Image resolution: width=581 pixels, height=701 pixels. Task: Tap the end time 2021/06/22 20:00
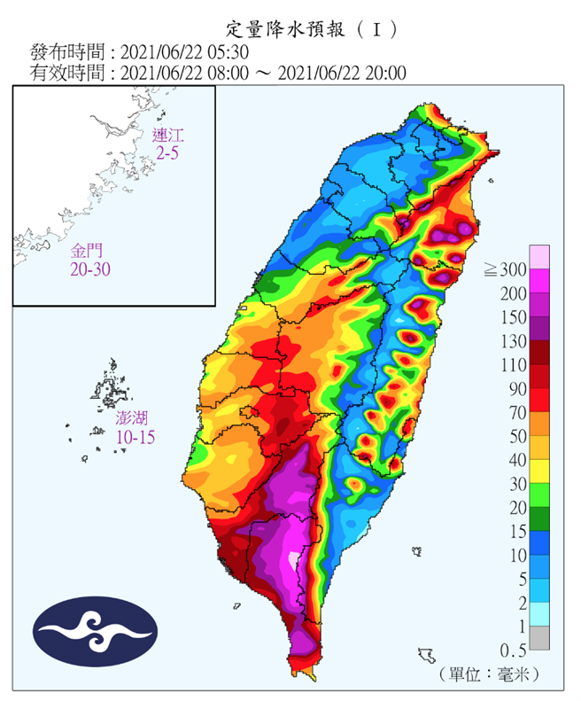point(342,73)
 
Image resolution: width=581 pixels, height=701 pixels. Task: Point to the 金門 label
point(89,250)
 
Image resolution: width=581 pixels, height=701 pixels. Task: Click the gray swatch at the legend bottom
point(539,638)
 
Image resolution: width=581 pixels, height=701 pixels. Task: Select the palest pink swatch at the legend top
point(539,257)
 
